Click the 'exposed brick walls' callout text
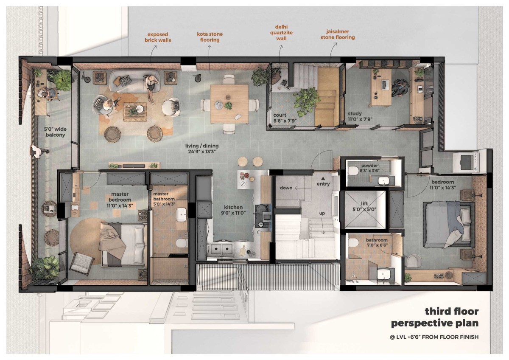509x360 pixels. click(x=158, y=37)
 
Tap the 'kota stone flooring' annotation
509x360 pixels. click(x=210, y=37)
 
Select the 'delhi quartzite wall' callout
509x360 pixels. click(x=281, y=33)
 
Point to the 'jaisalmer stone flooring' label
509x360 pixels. click(x=338, y=34)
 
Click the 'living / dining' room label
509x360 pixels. click(x=202, y=146)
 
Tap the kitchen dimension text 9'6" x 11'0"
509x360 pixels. click(x=233, y=213)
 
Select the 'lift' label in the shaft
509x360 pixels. click(x=364, y=203)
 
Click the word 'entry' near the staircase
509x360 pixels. click(x=323, y=184)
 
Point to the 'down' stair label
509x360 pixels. click(x=286, y=188)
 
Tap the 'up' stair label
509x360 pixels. click(x=322, y=213)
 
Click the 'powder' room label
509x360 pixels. click(x=369, y=166)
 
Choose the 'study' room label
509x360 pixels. click(x=355, y=113)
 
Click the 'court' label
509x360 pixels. click(x=280, y=115)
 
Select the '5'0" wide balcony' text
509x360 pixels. click(x=55, y=132)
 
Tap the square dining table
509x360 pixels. click(x=229, y=104)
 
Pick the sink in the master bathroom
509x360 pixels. click(x=182, y=215)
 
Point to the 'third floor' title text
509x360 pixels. click(x=452, y=312)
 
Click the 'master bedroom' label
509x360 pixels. click(x=120, y=197)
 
